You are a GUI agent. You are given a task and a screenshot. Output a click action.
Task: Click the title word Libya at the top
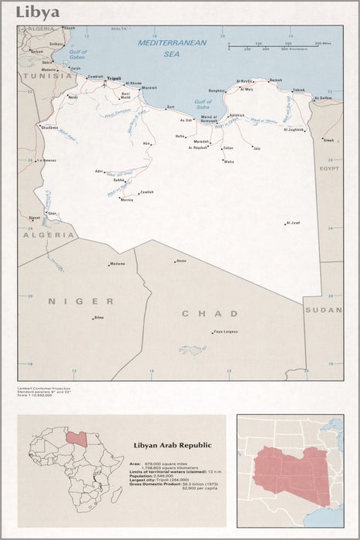(38, 12)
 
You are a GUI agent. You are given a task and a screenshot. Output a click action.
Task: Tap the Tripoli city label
(114, 79)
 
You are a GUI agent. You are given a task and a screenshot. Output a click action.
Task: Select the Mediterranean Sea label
(172, 49)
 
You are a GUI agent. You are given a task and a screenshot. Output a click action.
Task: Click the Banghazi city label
(217, 90)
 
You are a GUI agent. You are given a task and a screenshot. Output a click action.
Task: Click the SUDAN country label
(324, 309)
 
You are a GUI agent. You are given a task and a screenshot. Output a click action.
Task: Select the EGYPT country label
(329, 167)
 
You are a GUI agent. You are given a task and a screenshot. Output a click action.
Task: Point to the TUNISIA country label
(45, 76)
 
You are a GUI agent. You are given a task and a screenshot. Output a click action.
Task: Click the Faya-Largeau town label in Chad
(225, 331)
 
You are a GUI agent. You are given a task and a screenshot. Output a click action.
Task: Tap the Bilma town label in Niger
(99, 317)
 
